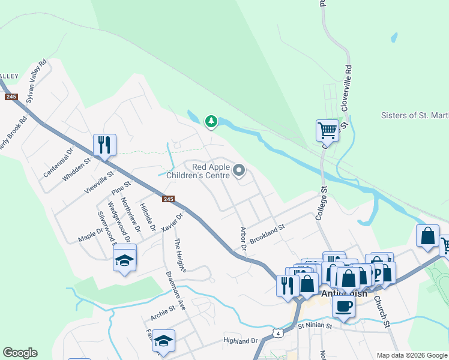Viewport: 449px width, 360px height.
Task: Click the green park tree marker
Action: click(x=211, y=122)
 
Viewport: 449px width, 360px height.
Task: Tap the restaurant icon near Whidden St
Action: click(x=104, y=145)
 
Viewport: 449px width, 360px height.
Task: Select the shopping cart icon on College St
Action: click(x=327, y=130)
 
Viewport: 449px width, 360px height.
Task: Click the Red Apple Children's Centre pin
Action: click(x=239, y=172)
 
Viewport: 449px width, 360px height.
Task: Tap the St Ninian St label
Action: click(x=315, y=326)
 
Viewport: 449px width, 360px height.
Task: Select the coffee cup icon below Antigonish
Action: click(x=343, y=306)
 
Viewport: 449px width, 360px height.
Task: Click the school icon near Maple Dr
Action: click(x=124, y=259)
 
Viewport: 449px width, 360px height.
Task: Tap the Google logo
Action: click(x=20, y=353)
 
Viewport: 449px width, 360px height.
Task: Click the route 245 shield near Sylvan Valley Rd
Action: click(x=11, y=97)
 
